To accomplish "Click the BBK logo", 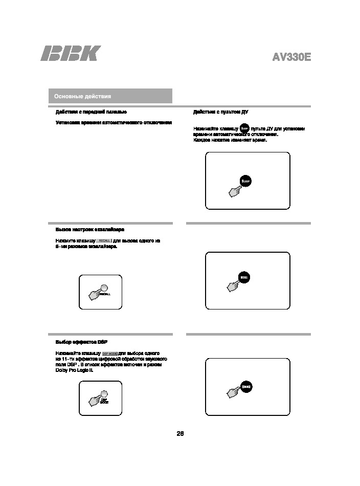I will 71,54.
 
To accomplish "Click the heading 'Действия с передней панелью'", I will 91,112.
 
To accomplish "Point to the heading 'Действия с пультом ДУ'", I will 220,112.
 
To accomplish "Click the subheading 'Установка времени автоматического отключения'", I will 113,123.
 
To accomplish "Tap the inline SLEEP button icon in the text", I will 244,128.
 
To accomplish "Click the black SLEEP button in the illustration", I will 246,181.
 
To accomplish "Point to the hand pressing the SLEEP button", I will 235,191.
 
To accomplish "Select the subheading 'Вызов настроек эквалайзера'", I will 89,230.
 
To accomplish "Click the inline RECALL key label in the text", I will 104,240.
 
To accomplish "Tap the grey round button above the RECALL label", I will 104,288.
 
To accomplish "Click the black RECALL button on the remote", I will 244,279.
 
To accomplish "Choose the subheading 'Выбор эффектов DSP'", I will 81,342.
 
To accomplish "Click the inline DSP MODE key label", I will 110,353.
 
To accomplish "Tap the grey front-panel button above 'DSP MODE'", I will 104,393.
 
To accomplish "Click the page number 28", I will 180,434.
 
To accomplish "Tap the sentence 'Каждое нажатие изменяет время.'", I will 230,140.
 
